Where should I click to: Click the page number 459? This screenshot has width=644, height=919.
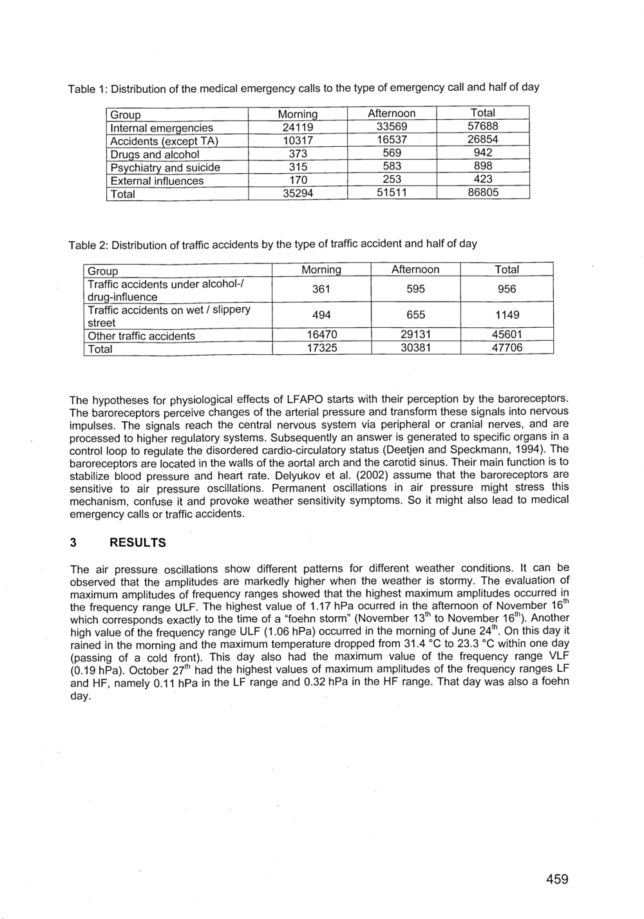click(x=557, y=879)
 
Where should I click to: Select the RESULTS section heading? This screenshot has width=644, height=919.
click(x=138, y=543)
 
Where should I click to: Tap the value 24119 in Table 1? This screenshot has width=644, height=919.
click(x=298, y=128)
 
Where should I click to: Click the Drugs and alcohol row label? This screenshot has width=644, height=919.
click(x=155, y=155)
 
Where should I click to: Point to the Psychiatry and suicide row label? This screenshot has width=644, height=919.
click(x=165, y=168)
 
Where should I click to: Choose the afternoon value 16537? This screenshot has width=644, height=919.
click(x=392, y=140)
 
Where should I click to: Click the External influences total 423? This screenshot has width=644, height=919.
click(x=482, y=180)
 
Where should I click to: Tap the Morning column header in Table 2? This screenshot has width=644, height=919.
click(x=321, y=270)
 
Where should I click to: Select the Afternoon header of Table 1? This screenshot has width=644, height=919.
click(x=392, y=113)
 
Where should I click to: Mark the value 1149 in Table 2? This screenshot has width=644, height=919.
click(x=507, y=315)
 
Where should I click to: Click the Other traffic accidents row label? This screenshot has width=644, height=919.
click(x=141, y=336)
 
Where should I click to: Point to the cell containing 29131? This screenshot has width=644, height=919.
click(x=415, y=335)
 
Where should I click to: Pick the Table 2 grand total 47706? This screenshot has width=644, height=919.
click(x=507, y=348)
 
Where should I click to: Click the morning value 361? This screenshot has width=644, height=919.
click(x=321, y=289)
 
